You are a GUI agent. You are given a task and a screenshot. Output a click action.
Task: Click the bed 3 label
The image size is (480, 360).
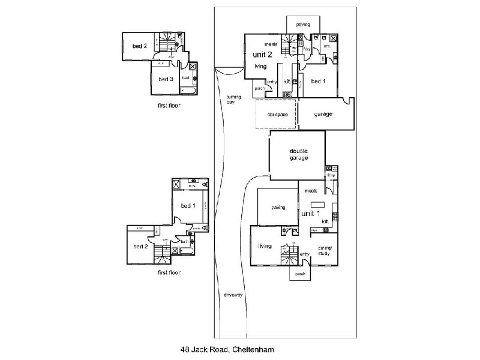(x=166, y=79)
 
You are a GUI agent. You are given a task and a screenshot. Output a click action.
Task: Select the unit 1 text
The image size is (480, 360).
(x=310, y=213)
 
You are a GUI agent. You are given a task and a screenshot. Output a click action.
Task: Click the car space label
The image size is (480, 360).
(x=276, y=114)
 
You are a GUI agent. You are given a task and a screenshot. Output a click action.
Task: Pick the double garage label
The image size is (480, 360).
(x=298, y=154)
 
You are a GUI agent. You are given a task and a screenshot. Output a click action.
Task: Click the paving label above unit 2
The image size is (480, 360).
(x=302, y=25)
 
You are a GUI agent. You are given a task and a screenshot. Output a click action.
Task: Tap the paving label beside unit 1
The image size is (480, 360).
(x=277, y=208)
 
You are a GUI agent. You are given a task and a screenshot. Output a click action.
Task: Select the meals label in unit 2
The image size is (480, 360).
(x=270, y=44)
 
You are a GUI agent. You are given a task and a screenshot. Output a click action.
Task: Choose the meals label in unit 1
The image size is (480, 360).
(x=310, y=191)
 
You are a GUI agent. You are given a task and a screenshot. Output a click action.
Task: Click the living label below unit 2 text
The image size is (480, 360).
(x=260, y=66)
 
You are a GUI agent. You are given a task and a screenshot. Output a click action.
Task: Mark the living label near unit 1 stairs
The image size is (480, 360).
(x=265, y=245)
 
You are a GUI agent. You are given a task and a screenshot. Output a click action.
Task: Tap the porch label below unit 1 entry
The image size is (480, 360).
(x=301, y=273)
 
